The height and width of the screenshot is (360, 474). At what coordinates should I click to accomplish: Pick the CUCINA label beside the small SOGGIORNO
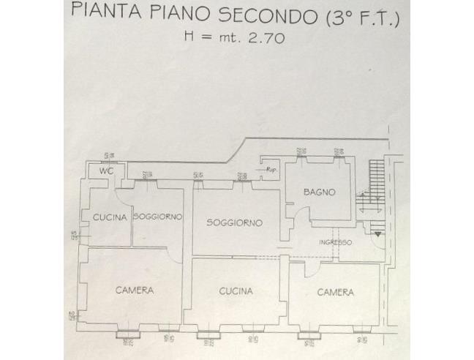pos(110,217)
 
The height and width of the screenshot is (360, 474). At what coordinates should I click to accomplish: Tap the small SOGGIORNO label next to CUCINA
pos(157,217)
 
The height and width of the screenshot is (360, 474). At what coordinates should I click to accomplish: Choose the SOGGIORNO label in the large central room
pos(233,222)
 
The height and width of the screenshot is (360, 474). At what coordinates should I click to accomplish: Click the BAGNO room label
pos(320,192)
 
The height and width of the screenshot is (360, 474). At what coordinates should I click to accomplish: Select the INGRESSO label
pos(335,242)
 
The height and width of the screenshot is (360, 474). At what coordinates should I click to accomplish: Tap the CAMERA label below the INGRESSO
pos(335,292)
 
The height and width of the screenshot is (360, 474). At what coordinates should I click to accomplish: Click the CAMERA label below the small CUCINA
pos(135,290)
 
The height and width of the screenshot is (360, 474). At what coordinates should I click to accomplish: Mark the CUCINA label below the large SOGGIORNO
pos(236,291)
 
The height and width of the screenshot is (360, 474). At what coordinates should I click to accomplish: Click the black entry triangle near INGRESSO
pos(377,236)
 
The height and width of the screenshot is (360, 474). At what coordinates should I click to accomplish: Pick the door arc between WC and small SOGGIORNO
pos(124,192)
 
